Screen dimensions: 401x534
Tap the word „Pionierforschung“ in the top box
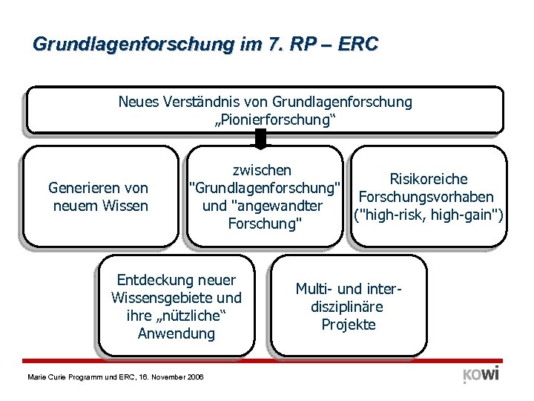click(265, 119)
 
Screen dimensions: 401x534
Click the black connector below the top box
click(260, 138)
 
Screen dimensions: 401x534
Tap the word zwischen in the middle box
click(262, 170)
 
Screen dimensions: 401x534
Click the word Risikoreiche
click(429, 179)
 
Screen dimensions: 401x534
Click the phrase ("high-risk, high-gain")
click(429, 215)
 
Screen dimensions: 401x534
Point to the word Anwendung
click(177, 333)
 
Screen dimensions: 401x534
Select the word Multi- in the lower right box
click(317, 289)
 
